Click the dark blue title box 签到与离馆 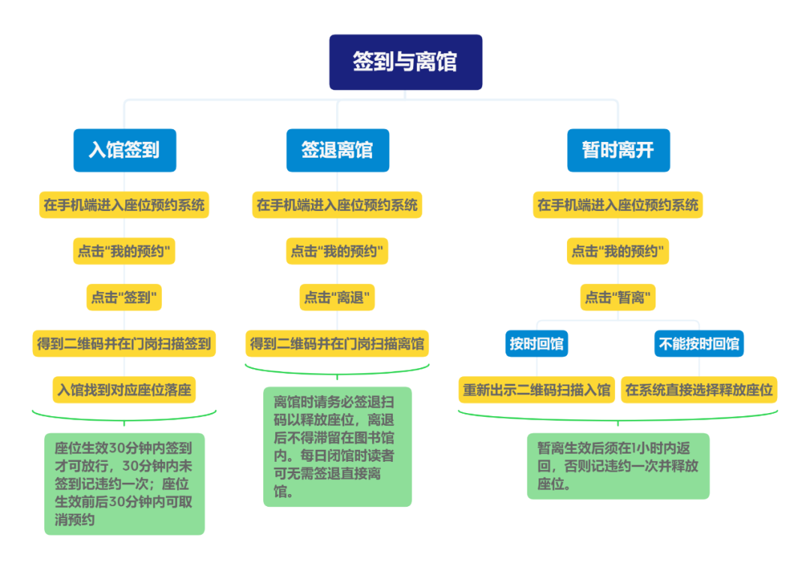point(405,62)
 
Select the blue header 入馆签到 point(124,150)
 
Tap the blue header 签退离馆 point(337,150)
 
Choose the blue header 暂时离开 point(618,150)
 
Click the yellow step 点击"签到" point(124,297)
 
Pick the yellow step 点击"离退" point(337,297)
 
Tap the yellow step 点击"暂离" point(618,297)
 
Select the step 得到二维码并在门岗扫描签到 point(124,344)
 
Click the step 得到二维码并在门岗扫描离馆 point(337,344)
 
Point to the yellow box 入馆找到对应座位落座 point(124,390)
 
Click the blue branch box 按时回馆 point(537,344)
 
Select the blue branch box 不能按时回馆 point(699,344)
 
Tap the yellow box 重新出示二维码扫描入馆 point(537,390)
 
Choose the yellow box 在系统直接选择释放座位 point(699,390)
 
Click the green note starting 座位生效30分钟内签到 point(124,484)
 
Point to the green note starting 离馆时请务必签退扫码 point(337,446)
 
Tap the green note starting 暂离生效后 point(618,466)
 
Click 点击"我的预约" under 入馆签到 point(124,252)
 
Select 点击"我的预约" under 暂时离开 point(618,252)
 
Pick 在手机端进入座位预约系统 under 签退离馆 point(337,205)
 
